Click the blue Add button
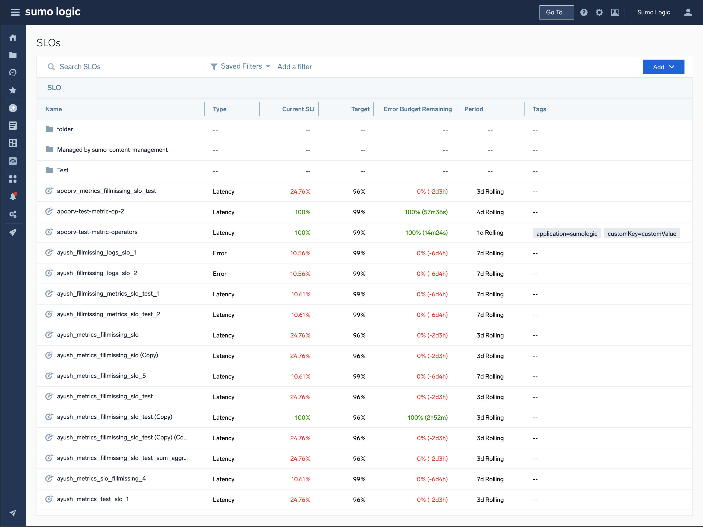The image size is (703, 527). point(663,67)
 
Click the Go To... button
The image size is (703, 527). point(556,12)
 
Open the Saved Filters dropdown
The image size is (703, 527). point(241,66)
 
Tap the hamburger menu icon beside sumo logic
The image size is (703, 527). point(15,12)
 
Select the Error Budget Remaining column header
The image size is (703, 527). point(417,109)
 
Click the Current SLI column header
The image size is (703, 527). point(298,109)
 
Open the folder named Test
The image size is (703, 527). point(62,170)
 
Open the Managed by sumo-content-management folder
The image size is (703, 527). point(112,149)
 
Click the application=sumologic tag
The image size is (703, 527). point(566,234)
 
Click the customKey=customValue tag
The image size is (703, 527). point(641,234)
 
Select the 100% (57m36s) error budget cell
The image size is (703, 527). point(426,212)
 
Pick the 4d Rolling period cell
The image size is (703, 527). point(490,212)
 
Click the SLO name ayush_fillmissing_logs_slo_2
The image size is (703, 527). point(97,273)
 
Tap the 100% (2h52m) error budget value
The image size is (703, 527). point(427,418)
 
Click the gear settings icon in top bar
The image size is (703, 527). point(599,12)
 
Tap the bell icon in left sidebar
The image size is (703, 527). point(13,196)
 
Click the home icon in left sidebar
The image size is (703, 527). point(13,38)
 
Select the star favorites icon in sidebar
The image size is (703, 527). point(13,90)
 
